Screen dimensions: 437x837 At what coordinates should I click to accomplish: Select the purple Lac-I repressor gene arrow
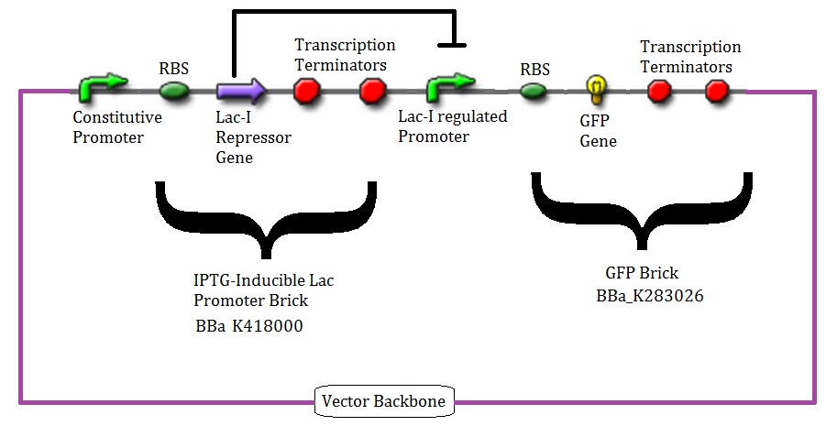tap(241, 90)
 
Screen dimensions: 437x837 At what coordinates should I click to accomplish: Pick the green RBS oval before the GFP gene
tap(534, 91)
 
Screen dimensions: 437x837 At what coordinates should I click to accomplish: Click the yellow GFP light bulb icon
tap(597, 89)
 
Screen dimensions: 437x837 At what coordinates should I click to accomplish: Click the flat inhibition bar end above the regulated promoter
tap(454, 42)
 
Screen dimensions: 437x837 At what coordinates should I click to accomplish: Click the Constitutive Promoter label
tap(117, 126)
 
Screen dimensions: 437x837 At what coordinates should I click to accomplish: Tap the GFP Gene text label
tap(599, 132)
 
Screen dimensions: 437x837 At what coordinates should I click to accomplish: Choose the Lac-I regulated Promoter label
tap(452, 127)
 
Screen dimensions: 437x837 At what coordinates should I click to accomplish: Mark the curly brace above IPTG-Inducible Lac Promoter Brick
tap(267, 220)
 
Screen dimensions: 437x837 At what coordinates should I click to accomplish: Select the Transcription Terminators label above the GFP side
tap(689, 57)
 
